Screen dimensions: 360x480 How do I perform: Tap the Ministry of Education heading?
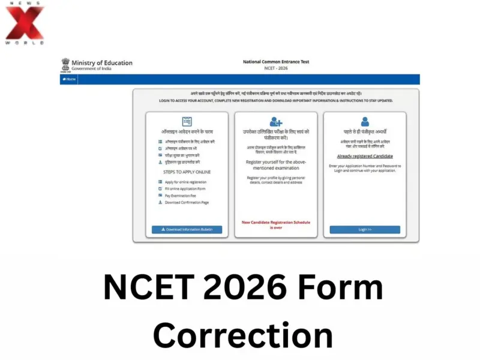[101, 62]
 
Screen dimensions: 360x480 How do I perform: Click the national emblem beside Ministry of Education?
[65, 65]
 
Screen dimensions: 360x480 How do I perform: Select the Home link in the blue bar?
[69, 79]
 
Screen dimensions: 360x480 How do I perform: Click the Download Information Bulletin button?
[187, 229]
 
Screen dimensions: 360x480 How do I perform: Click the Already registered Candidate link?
[365, 156]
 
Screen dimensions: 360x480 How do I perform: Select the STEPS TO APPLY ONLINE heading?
[187, 172]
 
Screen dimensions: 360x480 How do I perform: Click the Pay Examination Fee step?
[181, 196]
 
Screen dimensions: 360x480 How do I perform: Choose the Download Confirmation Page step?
[187, 203]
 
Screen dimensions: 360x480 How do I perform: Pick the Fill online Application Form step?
[185, 189]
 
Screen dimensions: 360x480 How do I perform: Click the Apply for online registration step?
[185, 182]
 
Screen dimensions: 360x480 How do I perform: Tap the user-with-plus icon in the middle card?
[276, 122]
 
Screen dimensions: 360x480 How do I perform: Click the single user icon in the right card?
[365, 122]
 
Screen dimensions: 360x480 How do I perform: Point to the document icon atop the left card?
[187, 121]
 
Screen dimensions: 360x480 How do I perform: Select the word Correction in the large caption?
[242, 334]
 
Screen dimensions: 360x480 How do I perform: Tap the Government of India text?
[91, 69]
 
